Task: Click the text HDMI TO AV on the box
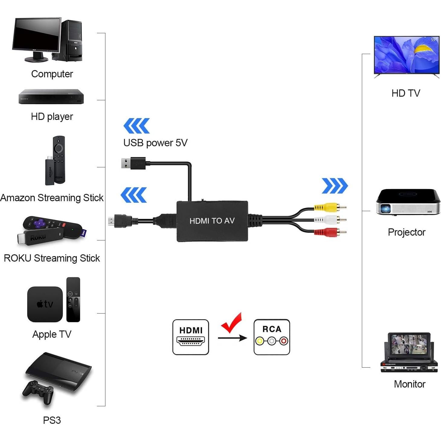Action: [x=212, y=221]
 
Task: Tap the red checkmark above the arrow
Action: [x=232, y=323]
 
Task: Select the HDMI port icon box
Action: [x=191, y=337]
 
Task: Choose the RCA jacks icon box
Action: [x=272, y=337]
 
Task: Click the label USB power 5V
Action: [x=155, y=143]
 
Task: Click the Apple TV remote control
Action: [x=73, y=299]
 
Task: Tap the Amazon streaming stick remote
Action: [x=59, y=159]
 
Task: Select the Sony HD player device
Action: [x=51, y=97]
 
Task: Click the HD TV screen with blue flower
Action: [x=406, y=55]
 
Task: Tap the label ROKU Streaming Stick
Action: [x=52, y=258]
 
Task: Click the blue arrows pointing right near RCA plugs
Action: [x=335, y=186]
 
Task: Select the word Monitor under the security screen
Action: [x=410, y=384]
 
